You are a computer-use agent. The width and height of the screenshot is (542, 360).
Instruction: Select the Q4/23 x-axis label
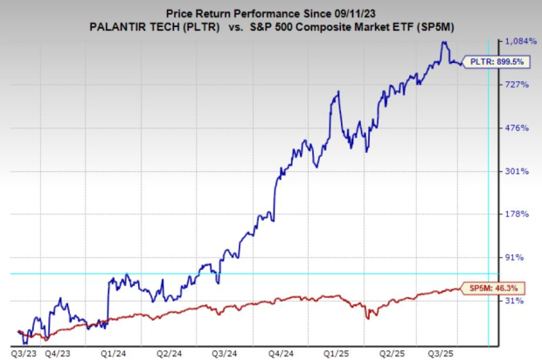58,353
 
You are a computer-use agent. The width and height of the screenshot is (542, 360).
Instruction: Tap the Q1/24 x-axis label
114,353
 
